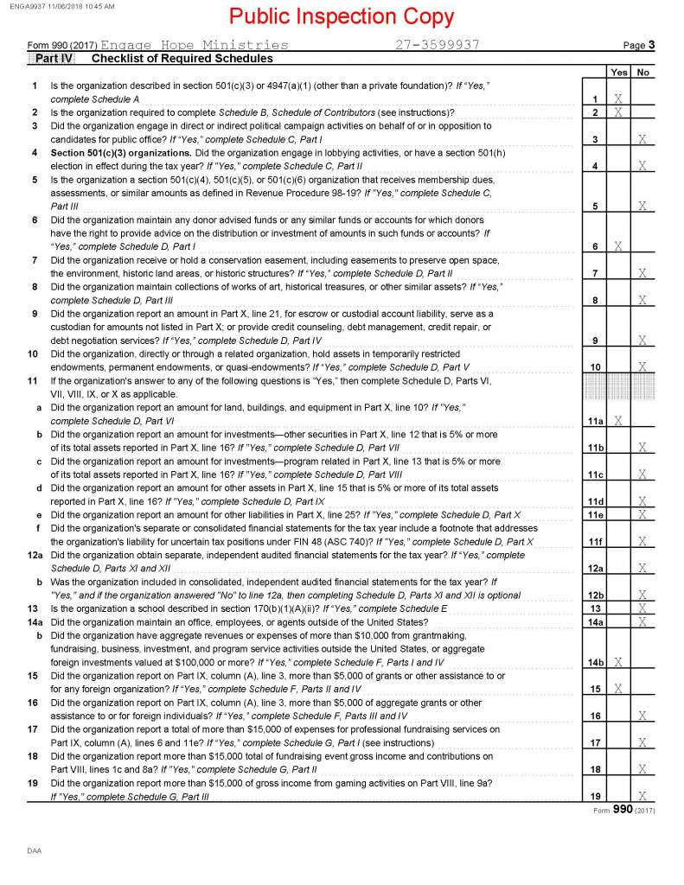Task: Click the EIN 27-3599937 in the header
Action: (438, 45)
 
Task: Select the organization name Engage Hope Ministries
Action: (195, 45)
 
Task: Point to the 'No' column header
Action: (642, 73)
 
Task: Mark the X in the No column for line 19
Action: (642, 795)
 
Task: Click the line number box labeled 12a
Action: (594, 567)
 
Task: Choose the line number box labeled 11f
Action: (594, 541)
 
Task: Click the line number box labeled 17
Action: (594, 742)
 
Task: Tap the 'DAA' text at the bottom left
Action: (34, 851)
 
